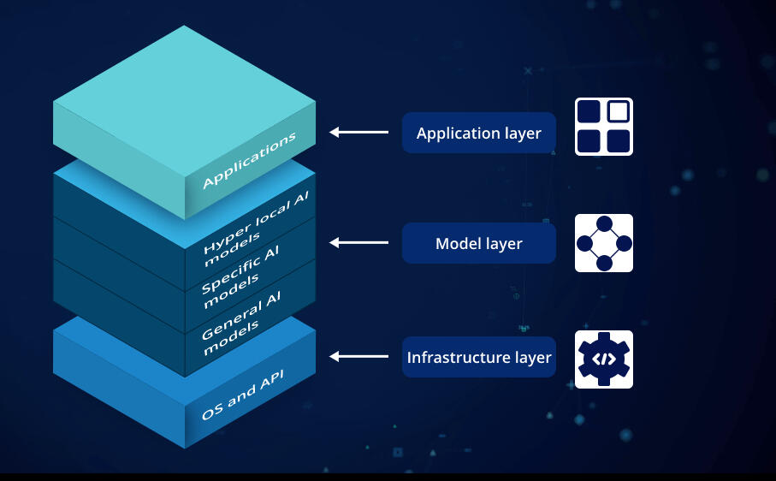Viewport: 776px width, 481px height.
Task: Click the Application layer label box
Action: pyautogui.click(x=478, y=134)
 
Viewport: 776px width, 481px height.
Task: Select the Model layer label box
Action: pyautogui.click(x=478, y=244)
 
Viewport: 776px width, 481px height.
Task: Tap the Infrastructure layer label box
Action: pyautogui.click(x=478, y=357)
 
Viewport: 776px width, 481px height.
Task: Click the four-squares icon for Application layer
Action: pyautogui.click(x=603, y=127)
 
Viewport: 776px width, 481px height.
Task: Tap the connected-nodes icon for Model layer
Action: pyautogui.click(x=603, y=243)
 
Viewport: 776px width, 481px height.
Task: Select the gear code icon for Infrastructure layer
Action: pyautogui.click(x=603, y=359)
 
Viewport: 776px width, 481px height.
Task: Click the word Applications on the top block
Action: pyautogui.click(x=249, y=161)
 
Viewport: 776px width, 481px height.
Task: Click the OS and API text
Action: pyautogui.click(x=248, y=395)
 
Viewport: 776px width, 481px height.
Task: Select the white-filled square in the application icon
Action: pyautogui.click(x=618, y=111)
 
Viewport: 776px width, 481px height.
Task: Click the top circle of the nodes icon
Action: pyautogui.click(x=604, y=223)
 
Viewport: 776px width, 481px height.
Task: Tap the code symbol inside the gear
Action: pyautogui.click(x=603, y=359)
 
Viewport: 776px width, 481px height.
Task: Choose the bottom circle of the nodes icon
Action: pyautogui.click(x=604, y=264)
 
